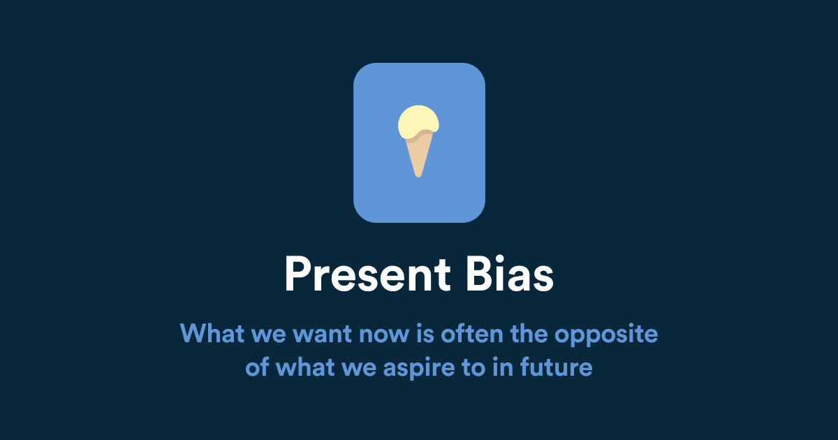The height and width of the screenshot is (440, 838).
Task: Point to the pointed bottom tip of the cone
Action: point(418,175)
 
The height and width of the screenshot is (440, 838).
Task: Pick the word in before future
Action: point(501,367)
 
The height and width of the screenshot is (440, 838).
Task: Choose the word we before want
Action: point(268,335)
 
